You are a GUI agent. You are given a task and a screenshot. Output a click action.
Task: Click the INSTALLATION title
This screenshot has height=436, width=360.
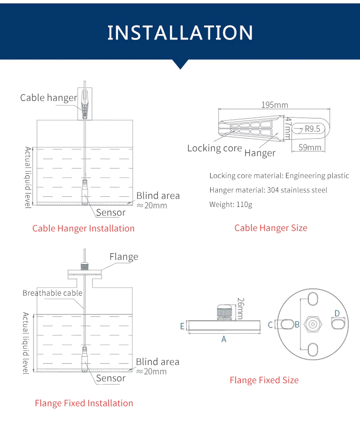(x=180, y=33)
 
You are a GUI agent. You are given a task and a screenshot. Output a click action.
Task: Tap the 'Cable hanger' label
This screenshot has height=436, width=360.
(x=48, y=98)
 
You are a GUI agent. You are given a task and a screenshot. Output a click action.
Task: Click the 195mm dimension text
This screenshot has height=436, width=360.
(x=275, y=105)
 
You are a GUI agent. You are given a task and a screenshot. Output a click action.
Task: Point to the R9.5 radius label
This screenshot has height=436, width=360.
(x=312, y=128)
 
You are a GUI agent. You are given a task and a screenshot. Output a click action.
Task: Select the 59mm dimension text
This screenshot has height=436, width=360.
(x=310, y=147)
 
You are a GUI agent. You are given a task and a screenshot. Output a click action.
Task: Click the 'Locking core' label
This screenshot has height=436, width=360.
(x=214, y=148)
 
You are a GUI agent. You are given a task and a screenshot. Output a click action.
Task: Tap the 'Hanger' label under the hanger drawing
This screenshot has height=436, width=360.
(x=260, y=153)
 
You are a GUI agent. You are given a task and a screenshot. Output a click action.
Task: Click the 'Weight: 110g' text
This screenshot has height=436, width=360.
(x=230, y=204)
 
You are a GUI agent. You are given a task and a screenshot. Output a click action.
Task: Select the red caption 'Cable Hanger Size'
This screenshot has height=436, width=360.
(x=270, y=228)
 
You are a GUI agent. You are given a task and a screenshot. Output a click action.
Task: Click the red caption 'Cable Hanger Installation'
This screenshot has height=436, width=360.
(x=83, y=228)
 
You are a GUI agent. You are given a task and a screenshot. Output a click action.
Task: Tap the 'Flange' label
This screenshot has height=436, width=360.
(x=123, y=256)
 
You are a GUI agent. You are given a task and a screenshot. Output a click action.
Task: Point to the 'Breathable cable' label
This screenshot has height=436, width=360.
(x=52, y=293)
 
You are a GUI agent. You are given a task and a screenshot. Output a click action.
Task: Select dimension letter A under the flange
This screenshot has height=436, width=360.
(x=224, y=339)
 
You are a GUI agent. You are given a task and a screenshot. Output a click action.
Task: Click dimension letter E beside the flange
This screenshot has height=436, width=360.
(x=182, y=326)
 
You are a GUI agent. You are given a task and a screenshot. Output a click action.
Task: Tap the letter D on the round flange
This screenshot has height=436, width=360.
(x=337, y=314)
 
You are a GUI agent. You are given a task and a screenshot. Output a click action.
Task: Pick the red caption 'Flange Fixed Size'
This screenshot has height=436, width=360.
(x=264, y=380)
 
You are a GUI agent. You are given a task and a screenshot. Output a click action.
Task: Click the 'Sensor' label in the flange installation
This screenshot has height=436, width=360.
(x=110, y=378)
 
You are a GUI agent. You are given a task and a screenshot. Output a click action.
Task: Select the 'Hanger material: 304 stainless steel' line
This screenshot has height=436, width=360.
(x=268, y=190)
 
